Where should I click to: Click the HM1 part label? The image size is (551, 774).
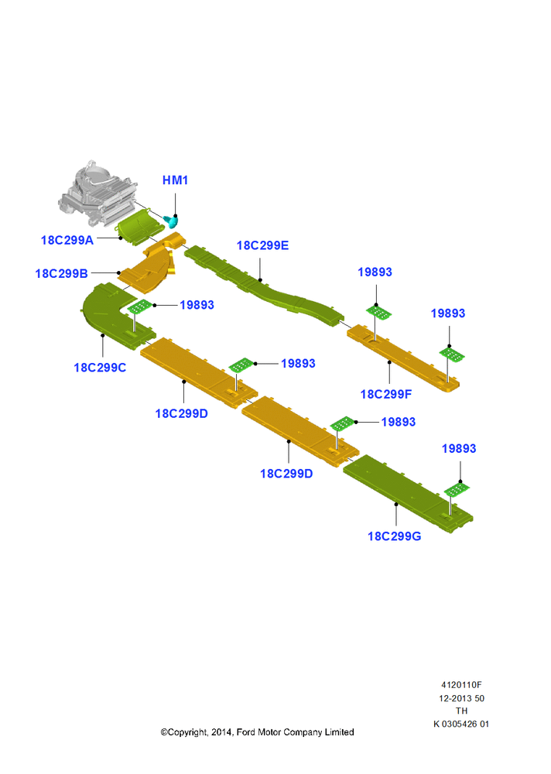175,180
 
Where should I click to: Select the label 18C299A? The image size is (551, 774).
67,241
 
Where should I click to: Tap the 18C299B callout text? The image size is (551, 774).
62,273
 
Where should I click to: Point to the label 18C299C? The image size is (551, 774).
100,368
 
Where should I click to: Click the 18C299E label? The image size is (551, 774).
262,245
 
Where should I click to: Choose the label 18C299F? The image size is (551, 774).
386,394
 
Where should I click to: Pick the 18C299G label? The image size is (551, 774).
395,536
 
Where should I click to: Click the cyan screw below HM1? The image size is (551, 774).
171,221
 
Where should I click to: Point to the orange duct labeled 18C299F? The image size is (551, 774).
403,358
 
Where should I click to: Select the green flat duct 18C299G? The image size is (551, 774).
408,494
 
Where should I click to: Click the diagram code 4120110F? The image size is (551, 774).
462,685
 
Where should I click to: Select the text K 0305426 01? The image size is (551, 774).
461,724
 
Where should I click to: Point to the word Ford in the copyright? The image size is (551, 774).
246,732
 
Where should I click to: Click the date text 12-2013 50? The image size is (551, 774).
462,698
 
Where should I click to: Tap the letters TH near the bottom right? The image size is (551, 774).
462,711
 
